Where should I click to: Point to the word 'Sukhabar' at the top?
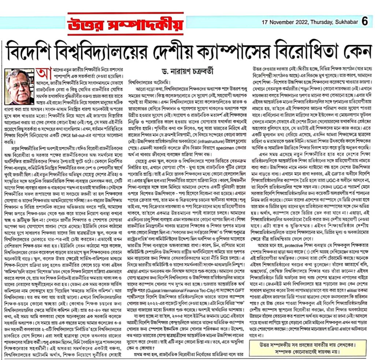click(x=346, y=22)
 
